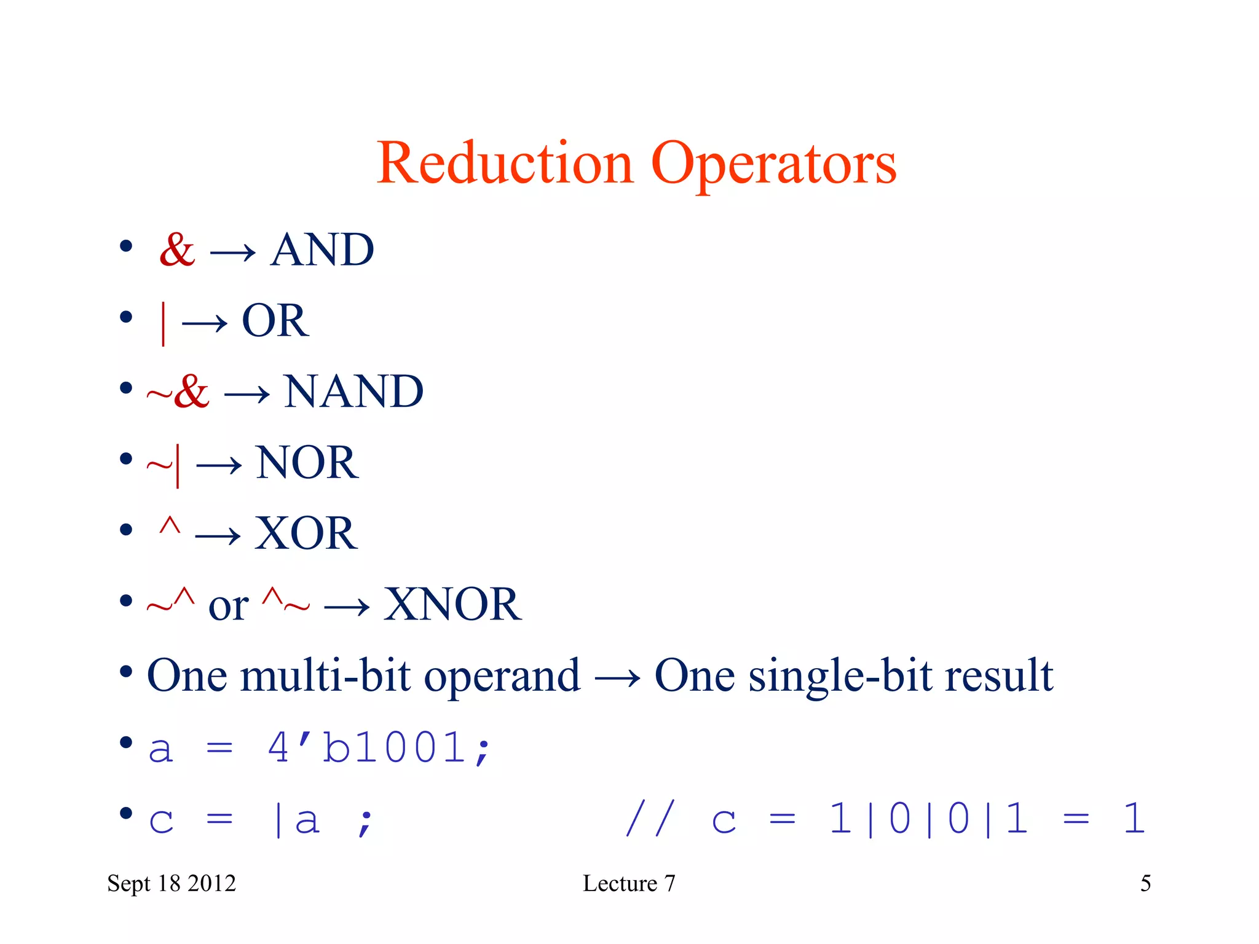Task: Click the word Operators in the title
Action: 773,165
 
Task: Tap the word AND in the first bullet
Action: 322,250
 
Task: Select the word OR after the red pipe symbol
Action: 275,321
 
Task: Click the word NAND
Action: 353,391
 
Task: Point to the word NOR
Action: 307,462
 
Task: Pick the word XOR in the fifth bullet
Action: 306,533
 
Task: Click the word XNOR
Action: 452,604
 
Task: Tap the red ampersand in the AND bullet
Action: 177,250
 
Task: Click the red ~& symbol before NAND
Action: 178,391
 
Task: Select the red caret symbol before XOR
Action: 170,527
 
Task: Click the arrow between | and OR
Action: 205,323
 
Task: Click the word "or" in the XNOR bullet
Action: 228,606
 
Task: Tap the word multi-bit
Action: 325,675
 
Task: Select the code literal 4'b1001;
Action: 378,749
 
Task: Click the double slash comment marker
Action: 650,819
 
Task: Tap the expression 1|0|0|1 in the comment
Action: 928,819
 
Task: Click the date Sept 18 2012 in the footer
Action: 172,884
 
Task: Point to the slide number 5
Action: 1145,884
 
